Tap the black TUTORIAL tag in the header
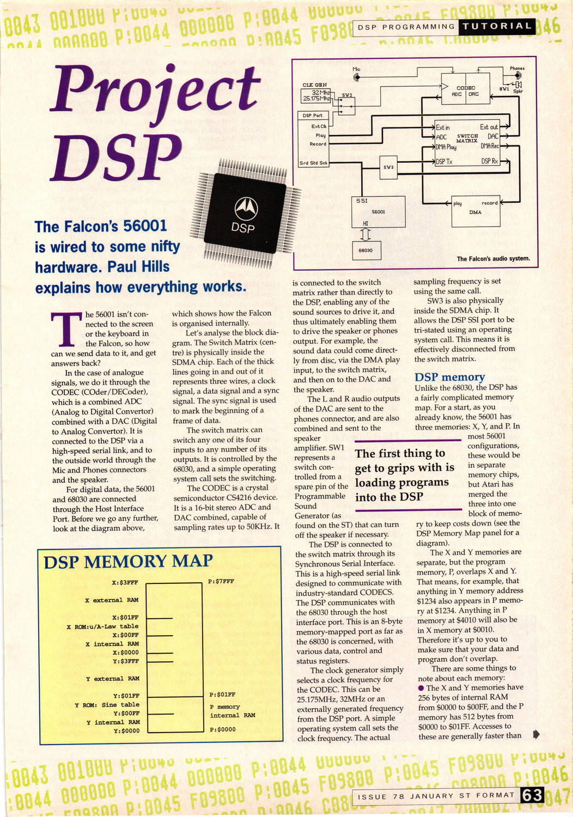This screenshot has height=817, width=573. (x=497, y=26)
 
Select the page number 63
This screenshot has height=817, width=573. (x=532, y=795)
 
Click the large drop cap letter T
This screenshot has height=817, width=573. (x=66, y=330)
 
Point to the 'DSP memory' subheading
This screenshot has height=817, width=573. (x=449, y=377)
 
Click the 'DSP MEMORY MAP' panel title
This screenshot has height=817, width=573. (x=128, y=562)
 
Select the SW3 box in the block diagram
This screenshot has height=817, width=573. (x=388, y=167)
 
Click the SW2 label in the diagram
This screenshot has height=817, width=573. (x=347, y=95)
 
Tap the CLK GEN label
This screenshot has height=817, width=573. (x=314, y=85)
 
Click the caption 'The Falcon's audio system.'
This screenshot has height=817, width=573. (x=493, y=259)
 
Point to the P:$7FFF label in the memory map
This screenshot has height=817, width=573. (x=221, y=581)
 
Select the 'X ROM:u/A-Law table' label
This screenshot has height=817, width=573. (x=102, y=626)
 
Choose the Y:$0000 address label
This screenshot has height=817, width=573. (x=126, y=730)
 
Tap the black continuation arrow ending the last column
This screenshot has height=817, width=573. (x=536, y=734)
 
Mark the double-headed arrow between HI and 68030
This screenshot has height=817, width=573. (x=365, y=234)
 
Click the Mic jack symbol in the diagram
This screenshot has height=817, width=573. (x=357, y=77)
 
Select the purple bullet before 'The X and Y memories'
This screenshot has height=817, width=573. (x=421, y=688)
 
